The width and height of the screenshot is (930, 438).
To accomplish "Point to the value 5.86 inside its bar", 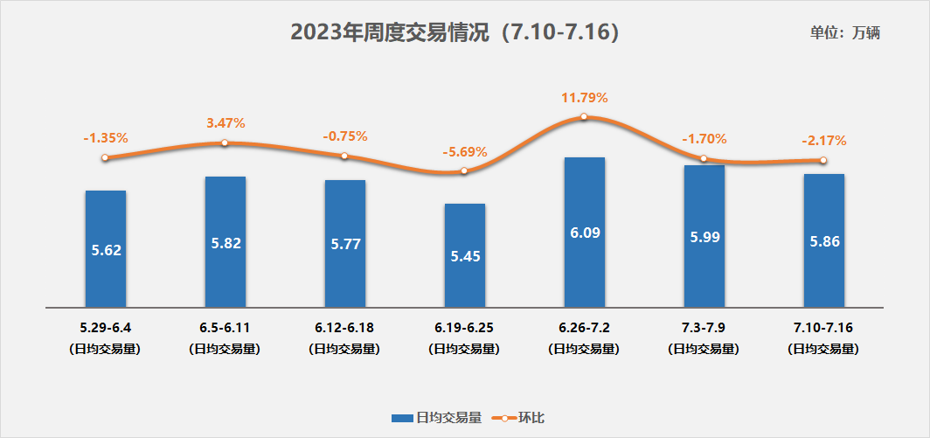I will click(x=824, y=242).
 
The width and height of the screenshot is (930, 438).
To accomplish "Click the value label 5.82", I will click(x=226, y=243).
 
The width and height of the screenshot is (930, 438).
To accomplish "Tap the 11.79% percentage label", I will click(x=584, y=97).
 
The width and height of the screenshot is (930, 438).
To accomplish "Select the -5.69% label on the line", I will click(x=465, y=152).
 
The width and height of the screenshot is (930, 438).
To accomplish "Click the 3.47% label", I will click(x=226, y=123).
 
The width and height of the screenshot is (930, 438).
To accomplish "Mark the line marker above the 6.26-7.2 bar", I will click(x=584, y=116).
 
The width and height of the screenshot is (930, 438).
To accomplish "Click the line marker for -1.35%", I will click(x=105, y=157).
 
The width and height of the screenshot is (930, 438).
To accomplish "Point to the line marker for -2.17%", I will click(x=823, y=160).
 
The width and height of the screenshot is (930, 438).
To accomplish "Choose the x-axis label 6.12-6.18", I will click(x=344, y=328).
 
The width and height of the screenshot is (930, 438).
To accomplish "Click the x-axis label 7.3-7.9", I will click(x=704, y=328).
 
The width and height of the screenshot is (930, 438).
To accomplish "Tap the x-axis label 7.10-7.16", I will click(x=823, y=328).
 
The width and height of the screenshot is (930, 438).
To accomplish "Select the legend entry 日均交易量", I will click(x=436, y=418).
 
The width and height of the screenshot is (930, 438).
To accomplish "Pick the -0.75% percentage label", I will click(x=345, y=136).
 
